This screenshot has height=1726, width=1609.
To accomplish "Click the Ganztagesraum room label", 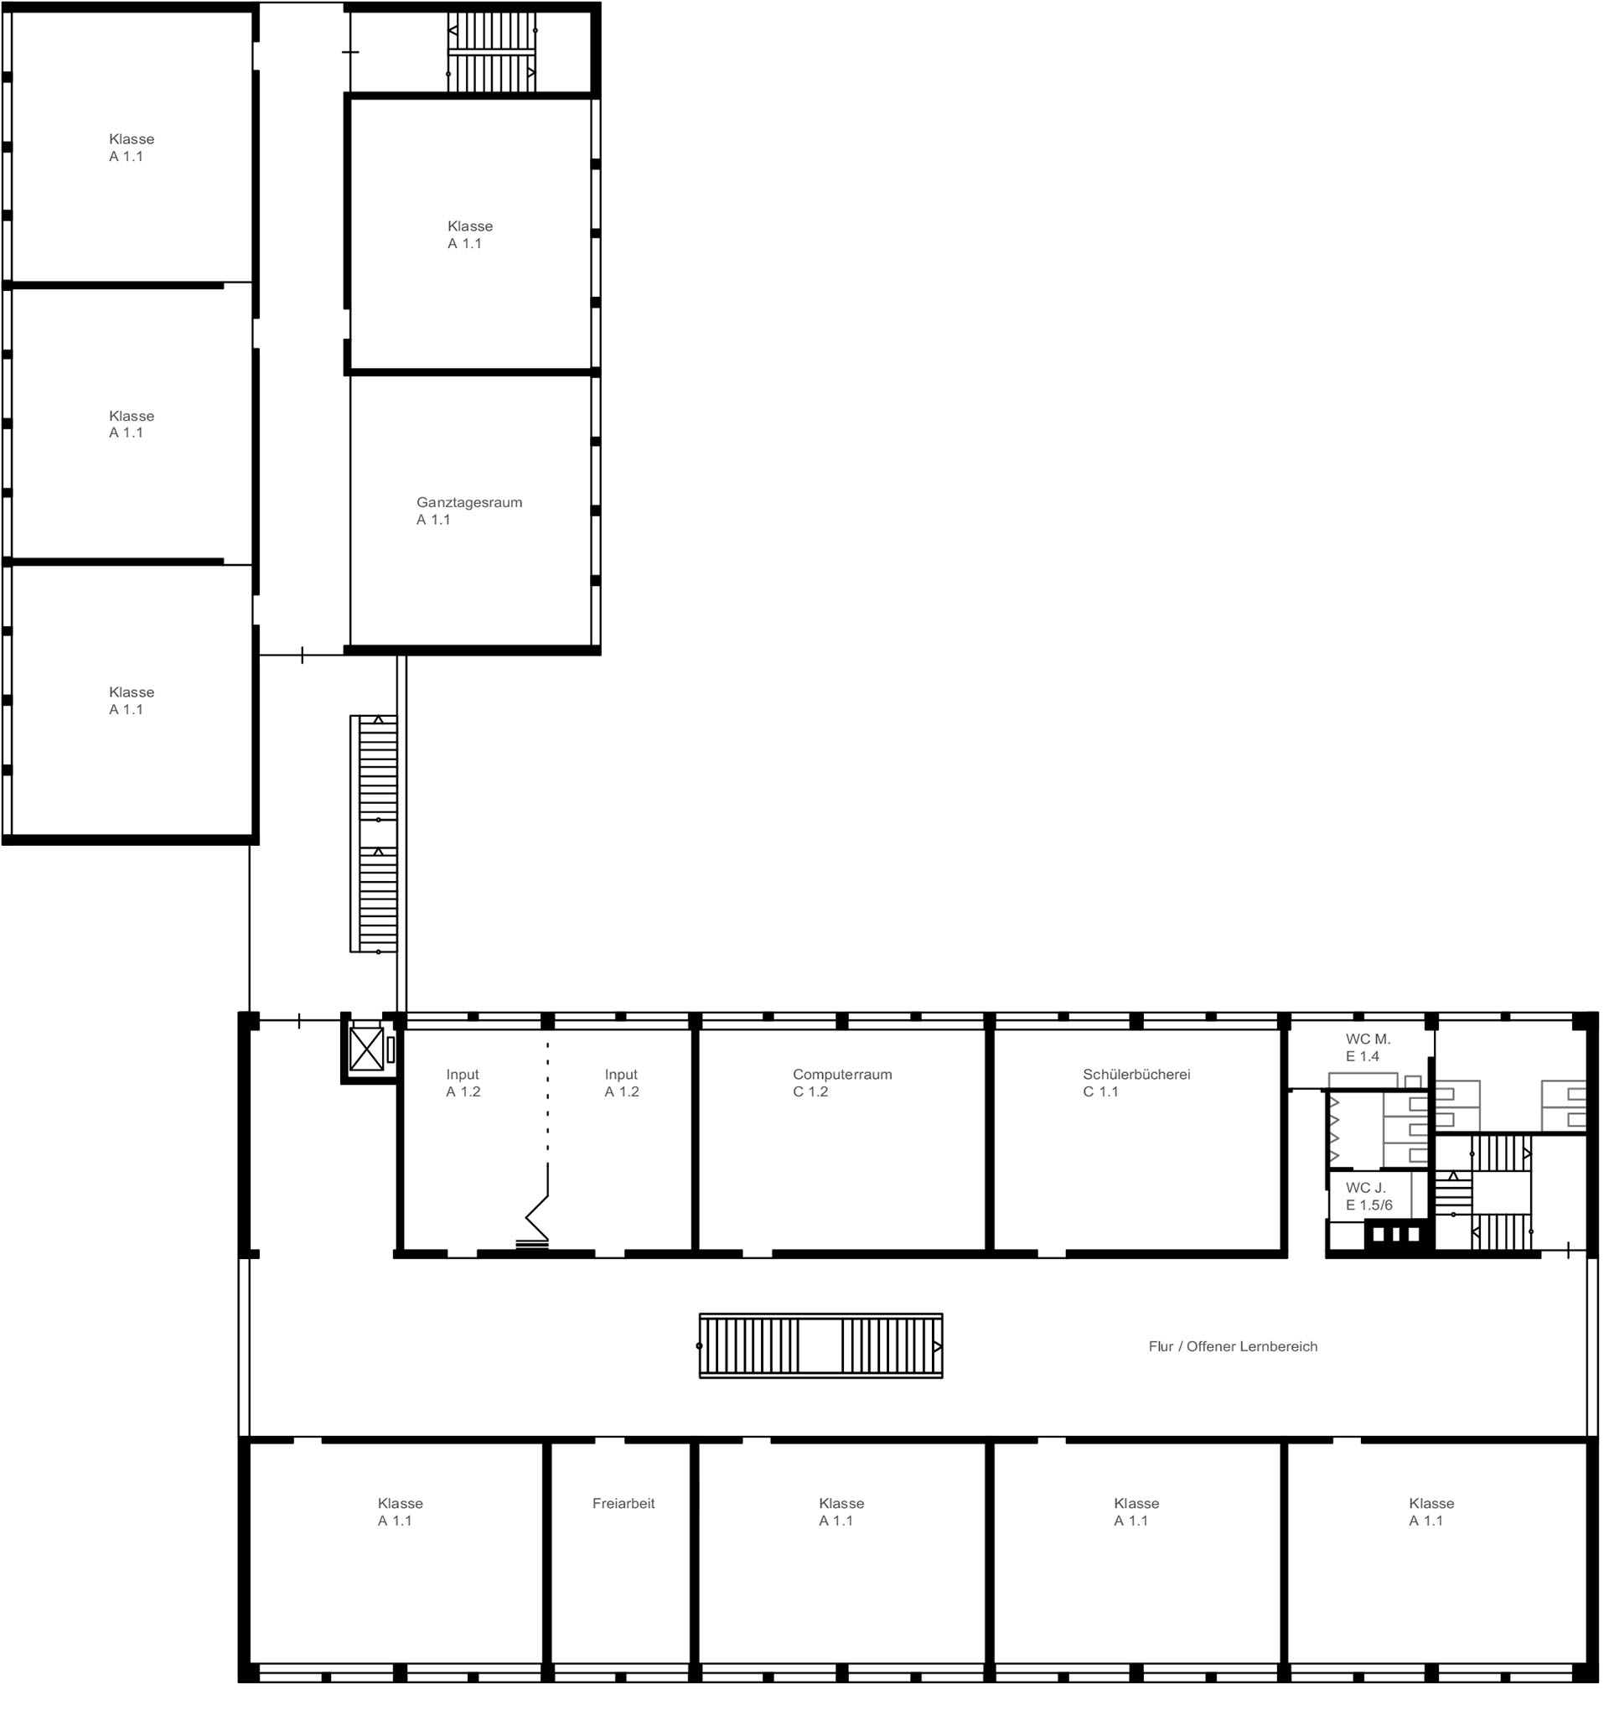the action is (468, 502).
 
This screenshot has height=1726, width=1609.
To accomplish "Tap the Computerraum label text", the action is (842, 1074).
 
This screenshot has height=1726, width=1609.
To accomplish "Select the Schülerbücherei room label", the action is (1136, 1074).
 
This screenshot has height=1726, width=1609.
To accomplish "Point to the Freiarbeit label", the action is (623, 1503).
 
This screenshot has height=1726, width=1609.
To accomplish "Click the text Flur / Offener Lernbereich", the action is (1233, 1345).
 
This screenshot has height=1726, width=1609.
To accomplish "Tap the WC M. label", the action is (1368, 1039).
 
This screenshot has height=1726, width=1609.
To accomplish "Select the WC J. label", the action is (1365, 1188).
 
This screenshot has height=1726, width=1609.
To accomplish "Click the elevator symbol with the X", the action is (366, 1049).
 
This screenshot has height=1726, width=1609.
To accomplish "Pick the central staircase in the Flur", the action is (820, 1345).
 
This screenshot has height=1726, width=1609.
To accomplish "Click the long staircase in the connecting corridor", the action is (374, 833).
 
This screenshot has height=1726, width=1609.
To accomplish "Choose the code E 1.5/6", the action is (1368, 1205).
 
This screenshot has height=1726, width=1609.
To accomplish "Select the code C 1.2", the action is (810, 1091).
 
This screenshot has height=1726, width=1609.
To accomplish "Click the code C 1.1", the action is (1100, 1091).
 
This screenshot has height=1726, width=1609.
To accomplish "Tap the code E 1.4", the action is (1362, 1056).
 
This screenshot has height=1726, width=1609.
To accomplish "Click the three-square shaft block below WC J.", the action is (1394, 1234).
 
